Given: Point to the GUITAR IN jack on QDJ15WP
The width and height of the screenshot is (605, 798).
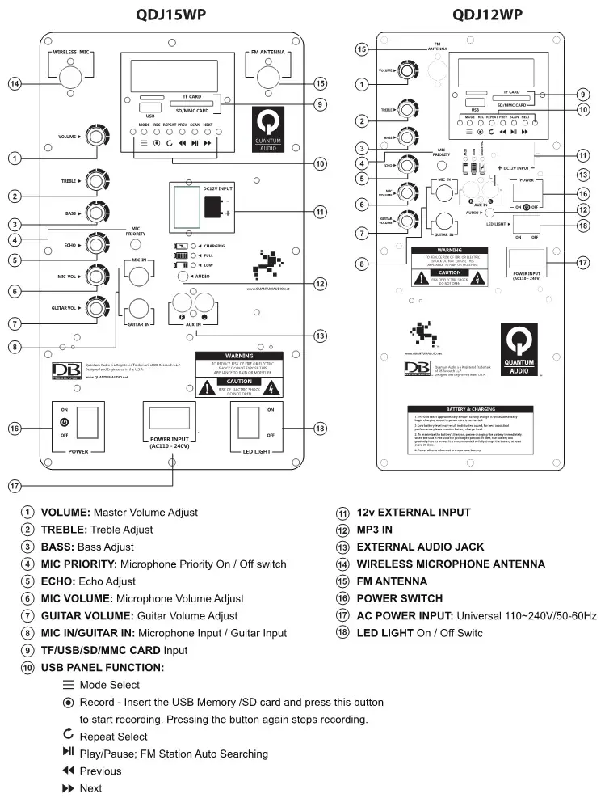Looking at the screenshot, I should point(137,309).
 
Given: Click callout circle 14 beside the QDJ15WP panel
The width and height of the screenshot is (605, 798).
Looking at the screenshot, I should point(15,83).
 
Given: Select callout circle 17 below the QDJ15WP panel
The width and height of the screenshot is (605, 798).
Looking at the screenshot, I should point(15,486).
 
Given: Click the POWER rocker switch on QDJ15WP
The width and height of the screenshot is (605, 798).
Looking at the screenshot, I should point(88,422).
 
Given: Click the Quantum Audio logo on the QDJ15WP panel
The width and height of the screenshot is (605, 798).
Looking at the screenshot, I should point(270,132).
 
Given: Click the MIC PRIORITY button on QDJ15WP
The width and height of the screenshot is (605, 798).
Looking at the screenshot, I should point(137,244).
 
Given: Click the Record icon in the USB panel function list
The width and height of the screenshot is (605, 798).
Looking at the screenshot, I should point(68,702).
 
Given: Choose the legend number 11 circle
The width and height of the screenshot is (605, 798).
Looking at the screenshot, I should point(342,513).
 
